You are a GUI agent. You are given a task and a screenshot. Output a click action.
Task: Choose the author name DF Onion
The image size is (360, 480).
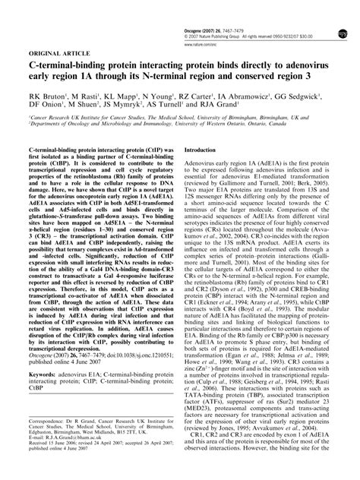(x=43, y=109)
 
